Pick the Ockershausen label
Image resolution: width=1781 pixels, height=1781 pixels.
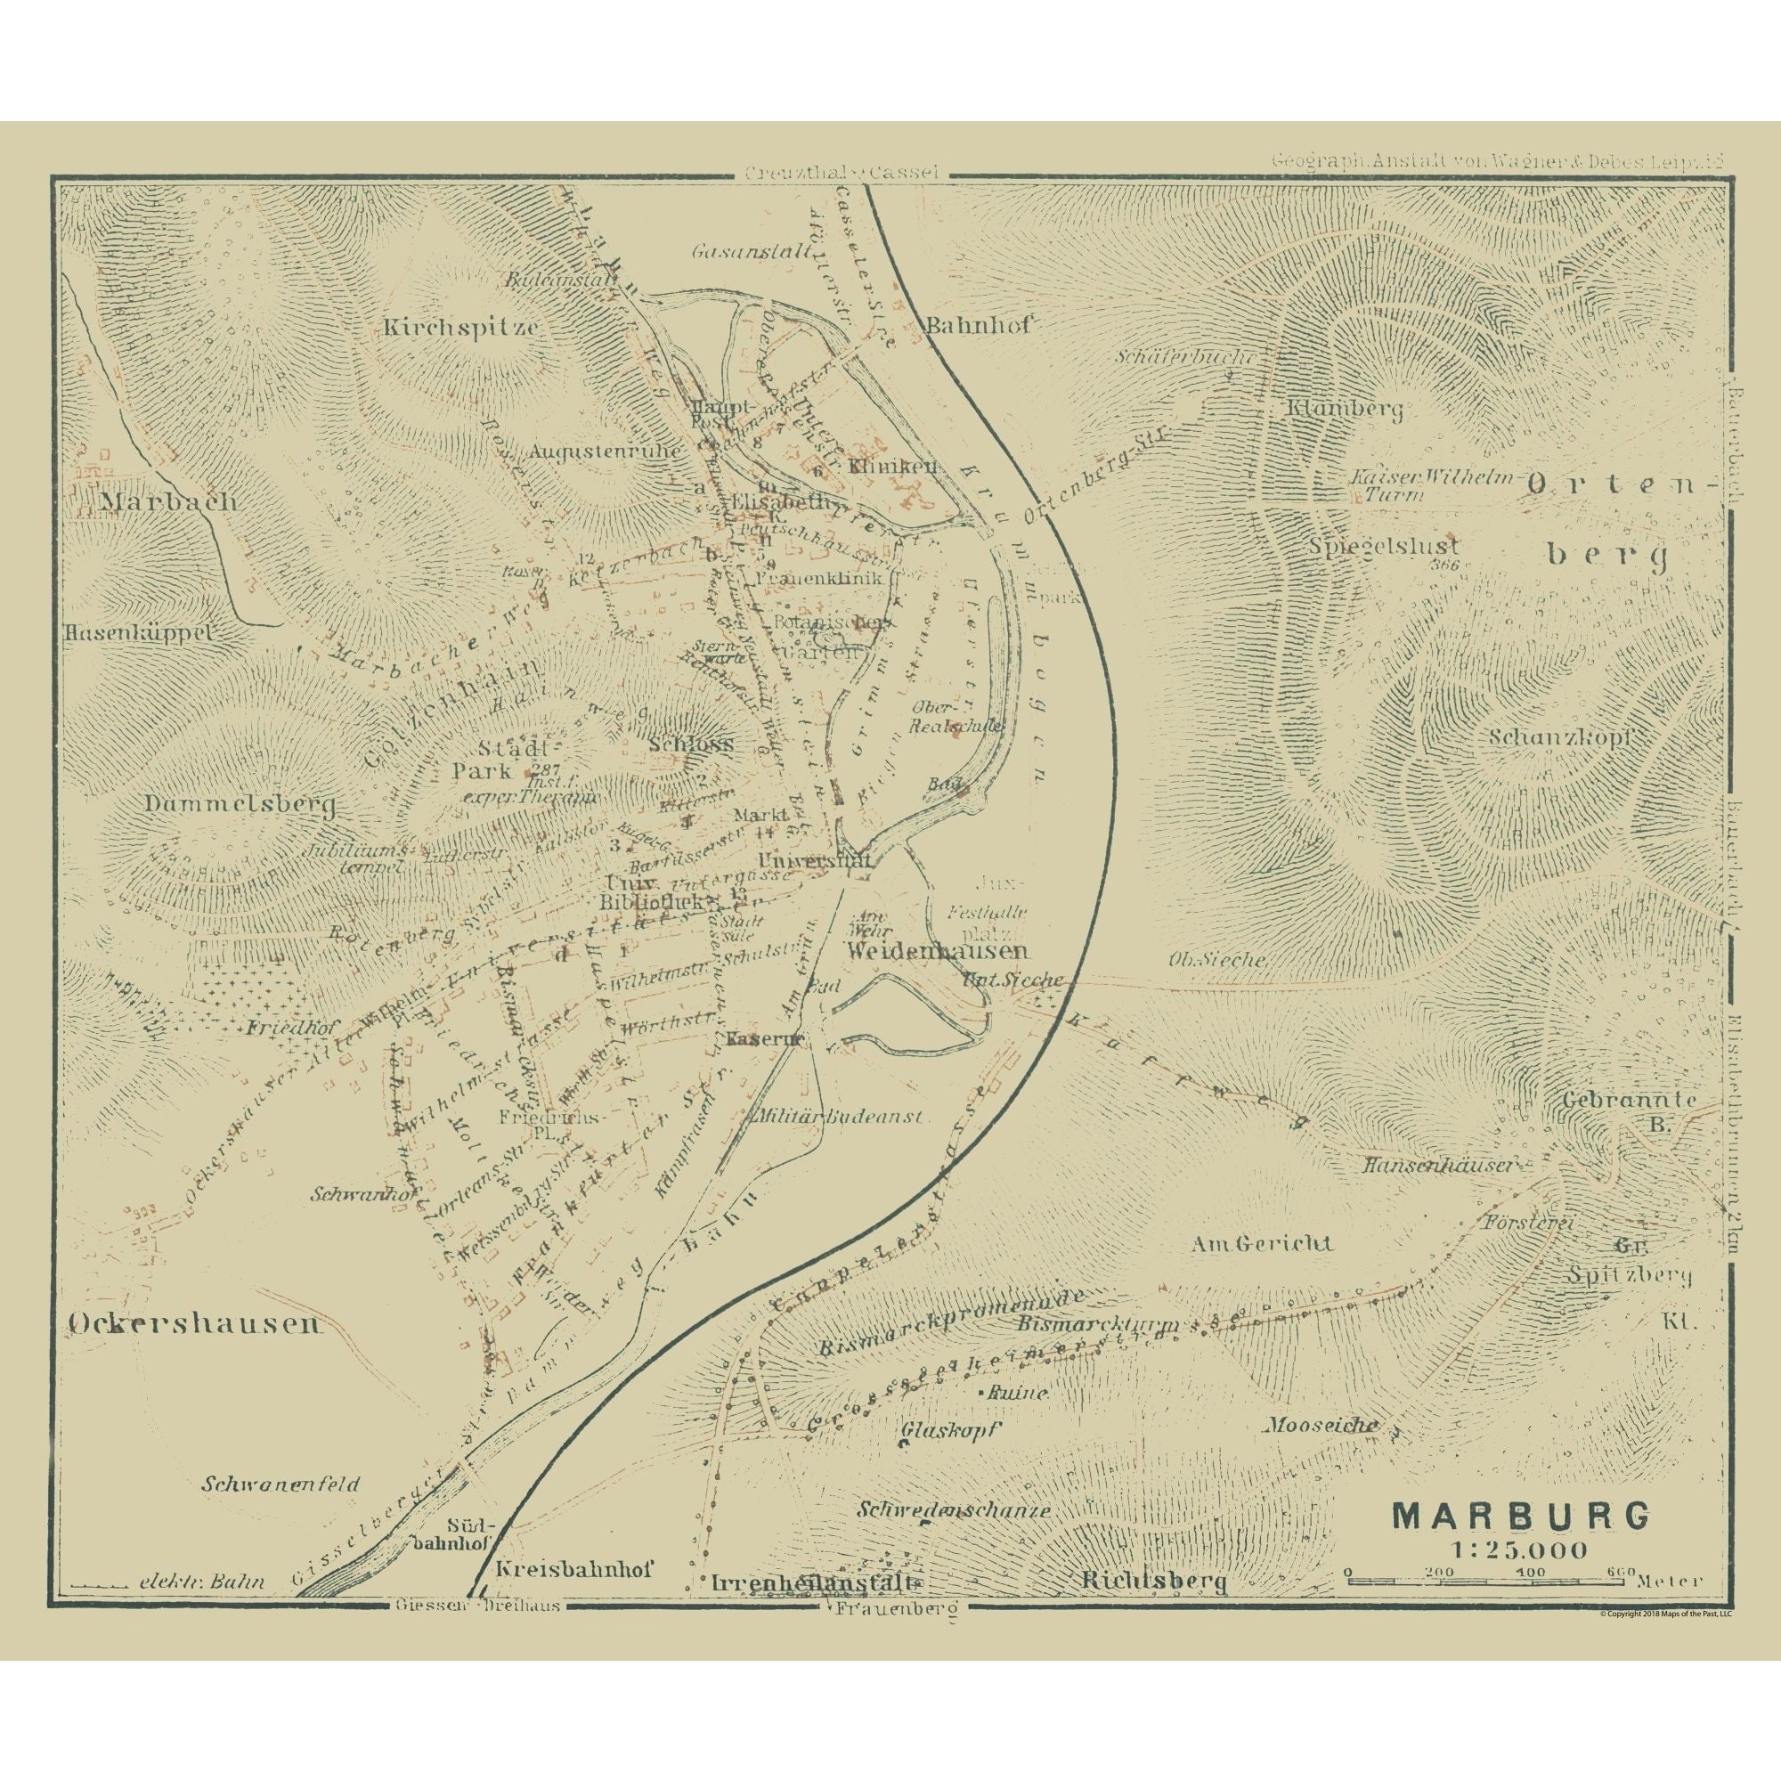pyautogui.click(x=194, y=1325)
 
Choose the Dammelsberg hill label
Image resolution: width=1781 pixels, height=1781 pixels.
pyautogui.click(x=239, y=805)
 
